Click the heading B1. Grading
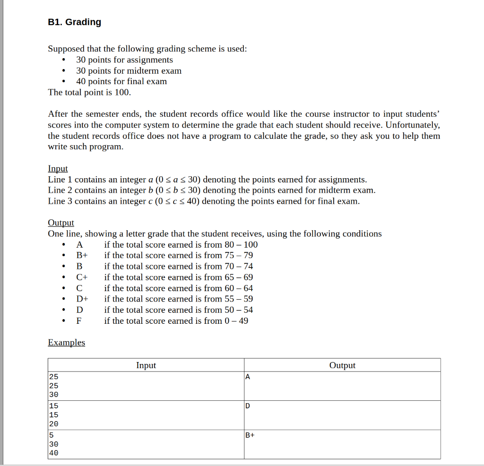click(x=74, y=22)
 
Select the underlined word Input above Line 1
click(x=58, y=169)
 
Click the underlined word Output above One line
click(x=61, y=223)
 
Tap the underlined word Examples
click(x=66, y=343)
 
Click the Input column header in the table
click(x=146, y=365)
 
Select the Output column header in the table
click(x=342, y=365)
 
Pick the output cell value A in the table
click(x=248, y=377)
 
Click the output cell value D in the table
click(x=248, y=406)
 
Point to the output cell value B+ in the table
click(x=250, y=435)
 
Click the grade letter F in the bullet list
click(x=79, y=321)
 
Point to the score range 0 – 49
click(x=236, y=321)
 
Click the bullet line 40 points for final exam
click(x=121, y=81)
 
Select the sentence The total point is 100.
click(x=89, y=92)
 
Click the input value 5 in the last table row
click(x=51, y=435)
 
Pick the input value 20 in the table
click(x=53, y=424)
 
